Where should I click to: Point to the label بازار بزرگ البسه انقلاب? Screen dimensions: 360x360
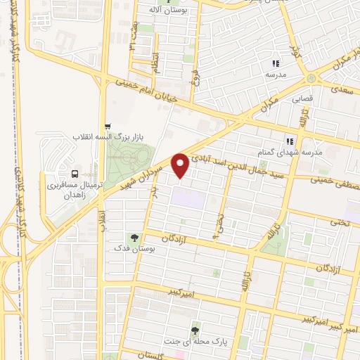coord(106,136)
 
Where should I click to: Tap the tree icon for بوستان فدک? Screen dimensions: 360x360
coord(132,237)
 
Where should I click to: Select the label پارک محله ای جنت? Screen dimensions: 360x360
coord(195,341)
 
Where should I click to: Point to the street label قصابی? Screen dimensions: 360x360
coord(302,100)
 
